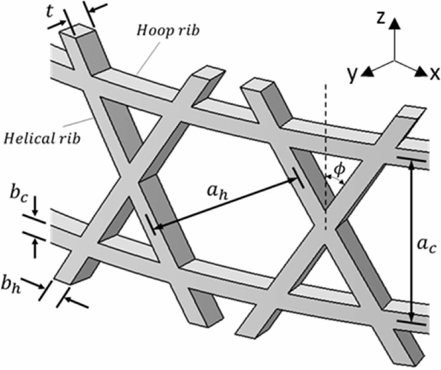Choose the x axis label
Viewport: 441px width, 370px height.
click(x=434, y=74)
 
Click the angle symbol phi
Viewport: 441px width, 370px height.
click(x=340, y=169)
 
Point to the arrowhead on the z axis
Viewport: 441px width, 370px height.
click(x=393, y=25)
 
